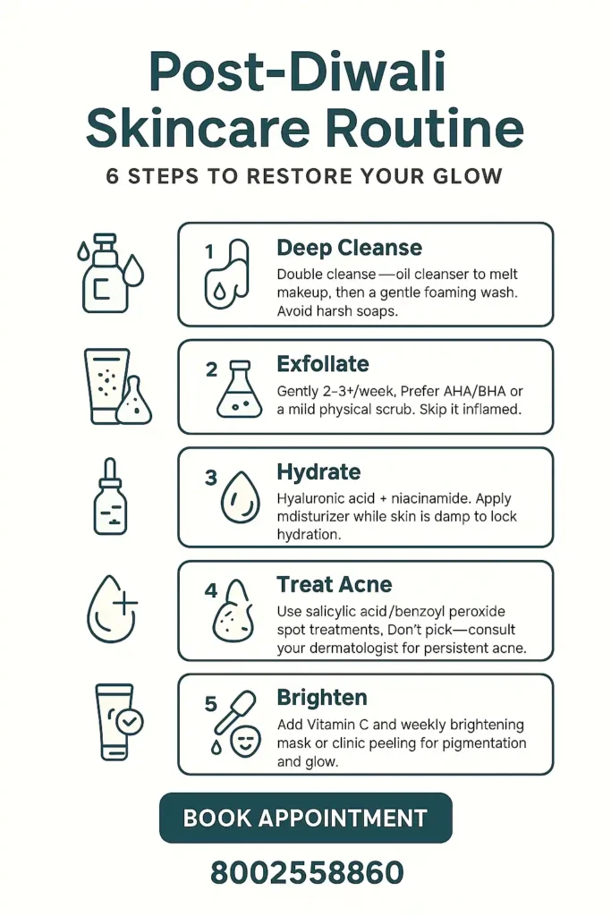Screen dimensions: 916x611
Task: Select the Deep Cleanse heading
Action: click(349, 248)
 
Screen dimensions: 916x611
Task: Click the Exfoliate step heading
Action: click(322, 364)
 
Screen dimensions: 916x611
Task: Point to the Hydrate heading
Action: click(318, 472)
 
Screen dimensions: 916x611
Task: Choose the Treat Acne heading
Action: click(334, 585)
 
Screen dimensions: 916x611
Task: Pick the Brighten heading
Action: click(322, 698)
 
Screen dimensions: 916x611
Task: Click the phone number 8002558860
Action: click(307, 872)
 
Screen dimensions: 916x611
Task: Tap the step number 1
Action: click(209, 252)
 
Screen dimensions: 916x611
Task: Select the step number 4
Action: click(211, 590)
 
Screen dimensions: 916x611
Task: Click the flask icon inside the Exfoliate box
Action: click(240, 392)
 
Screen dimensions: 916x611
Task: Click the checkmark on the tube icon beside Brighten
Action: click(132, 721)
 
